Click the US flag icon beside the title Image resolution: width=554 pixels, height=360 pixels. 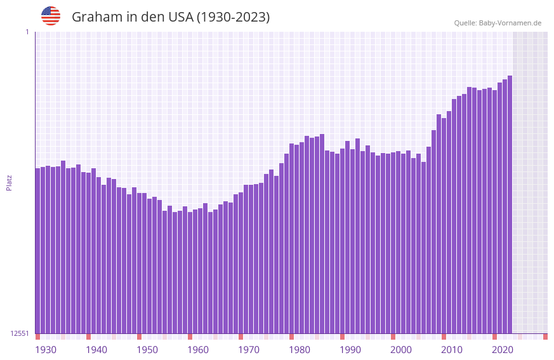51,16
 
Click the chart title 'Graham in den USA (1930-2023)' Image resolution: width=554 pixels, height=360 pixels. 171,17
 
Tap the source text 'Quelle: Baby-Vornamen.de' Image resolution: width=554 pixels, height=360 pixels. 498,23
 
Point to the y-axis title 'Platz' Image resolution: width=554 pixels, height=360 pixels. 9,182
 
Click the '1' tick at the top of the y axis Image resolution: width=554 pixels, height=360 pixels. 27,32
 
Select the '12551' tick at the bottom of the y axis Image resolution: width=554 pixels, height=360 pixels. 20,333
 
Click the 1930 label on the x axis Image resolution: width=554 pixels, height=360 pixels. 46,350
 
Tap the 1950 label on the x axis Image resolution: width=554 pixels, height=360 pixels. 147,350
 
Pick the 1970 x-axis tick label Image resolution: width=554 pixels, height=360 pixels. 249,350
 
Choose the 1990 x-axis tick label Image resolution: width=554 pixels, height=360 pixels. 350,350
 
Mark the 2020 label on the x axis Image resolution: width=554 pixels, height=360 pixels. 503,350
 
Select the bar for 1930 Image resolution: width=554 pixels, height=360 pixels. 37,254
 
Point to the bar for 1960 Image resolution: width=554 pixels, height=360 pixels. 190,273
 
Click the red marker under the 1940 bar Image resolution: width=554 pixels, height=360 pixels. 88,337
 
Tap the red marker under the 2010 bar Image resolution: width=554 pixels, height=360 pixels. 444,337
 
